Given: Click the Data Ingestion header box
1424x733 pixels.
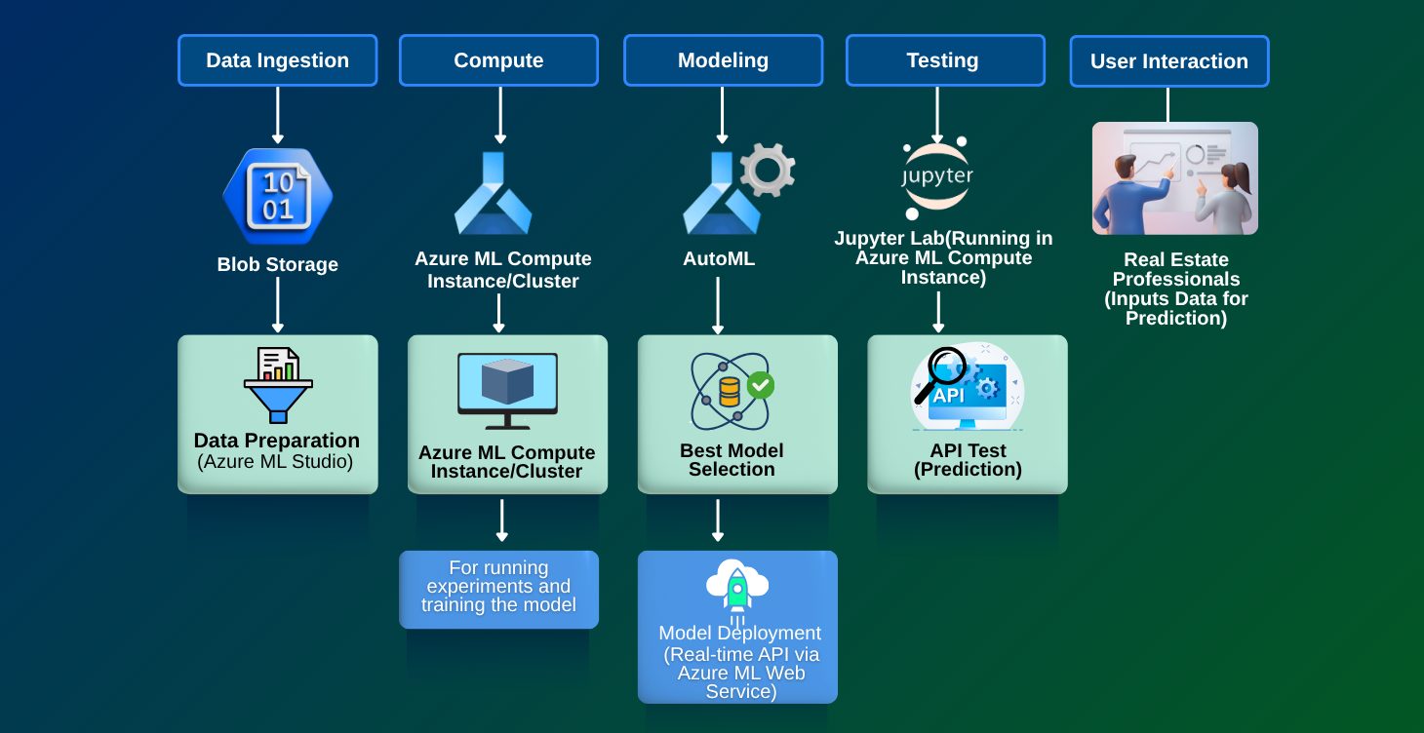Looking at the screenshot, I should (x=277, y=60).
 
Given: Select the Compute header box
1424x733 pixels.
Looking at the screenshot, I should (x=498, y=60).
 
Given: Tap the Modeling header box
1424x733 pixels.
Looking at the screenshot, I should (x=723, y=60).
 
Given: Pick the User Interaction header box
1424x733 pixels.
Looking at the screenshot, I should (x=1168, y=61).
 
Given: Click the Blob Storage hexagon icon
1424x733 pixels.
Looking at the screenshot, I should (x=278, y=196).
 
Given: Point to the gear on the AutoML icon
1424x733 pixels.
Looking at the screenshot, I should (x=767, y=170).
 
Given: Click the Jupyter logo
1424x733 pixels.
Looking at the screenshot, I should (x=937, y=177).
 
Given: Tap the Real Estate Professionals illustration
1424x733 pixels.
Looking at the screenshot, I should (x=1174, y=178).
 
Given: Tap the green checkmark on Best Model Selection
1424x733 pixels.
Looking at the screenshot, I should (x=760, y=385).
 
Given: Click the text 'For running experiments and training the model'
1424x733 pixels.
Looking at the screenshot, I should (x=498, y=587).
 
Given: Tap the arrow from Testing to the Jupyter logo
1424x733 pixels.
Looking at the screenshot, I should (x=937, y=115).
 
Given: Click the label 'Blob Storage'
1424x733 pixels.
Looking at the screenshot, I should (x=278, y=264).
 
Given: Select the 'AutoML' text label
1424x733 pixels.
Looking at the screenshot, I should (x=719, y=259).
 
